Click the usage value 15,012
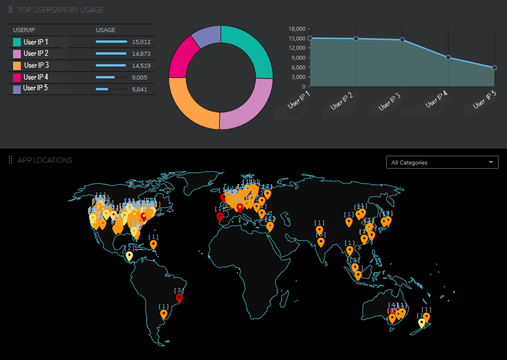click(x=141, y=42)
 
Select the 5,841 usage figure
click(x=139, y=89)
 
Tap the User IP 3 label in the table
click(x=36, y=65)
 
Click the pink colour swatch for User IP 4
click(x=17, y=77)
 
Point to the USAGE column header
click(x=105, y=30)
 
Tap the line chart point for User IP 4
click(x=448, y=58)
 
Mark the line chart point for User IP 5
click(x=494, y=68)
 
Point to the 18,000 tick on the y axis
click(x=297, y=29)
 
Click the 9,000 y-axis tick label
click(x=298, y=58)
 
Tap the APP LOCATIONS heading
click(x=45, y=160)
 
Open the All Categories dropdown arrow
click(x=491, y=162)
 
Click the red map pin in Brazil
click(x=180, y=298)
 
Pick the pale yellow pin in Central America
click(x=129, y=256)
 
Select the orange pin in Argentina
click(x=163, y=314)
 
